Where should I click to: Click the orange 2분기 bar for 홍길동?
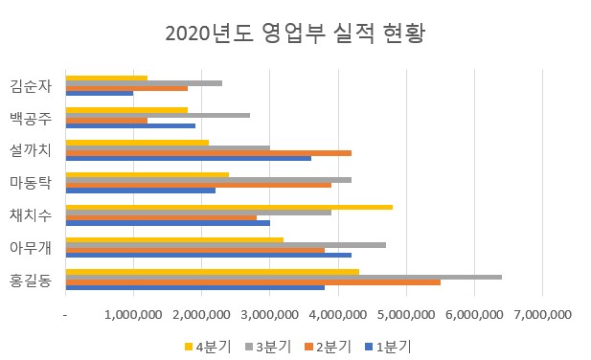tap(253, 282)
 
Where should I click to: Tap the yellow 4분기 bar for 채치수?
tap(229, 207)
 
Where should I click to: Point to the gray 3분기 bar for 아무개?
tap(225, 245)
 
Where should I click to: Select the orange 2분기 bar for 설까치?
tap(209, 153)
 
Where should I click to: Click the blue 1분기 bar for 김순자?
tap(100, 93)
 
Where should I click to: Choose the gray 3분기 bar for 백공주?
tap(158, 115)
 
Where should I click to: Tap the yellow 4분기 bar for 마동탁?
tap(148, 174)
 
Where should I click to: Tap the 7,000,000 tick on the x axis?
tap(542, 314)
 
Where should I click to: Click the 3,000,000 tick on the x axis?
tap(270, 314)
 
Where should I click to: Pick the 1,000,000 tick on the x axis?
tap(133, 314)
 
